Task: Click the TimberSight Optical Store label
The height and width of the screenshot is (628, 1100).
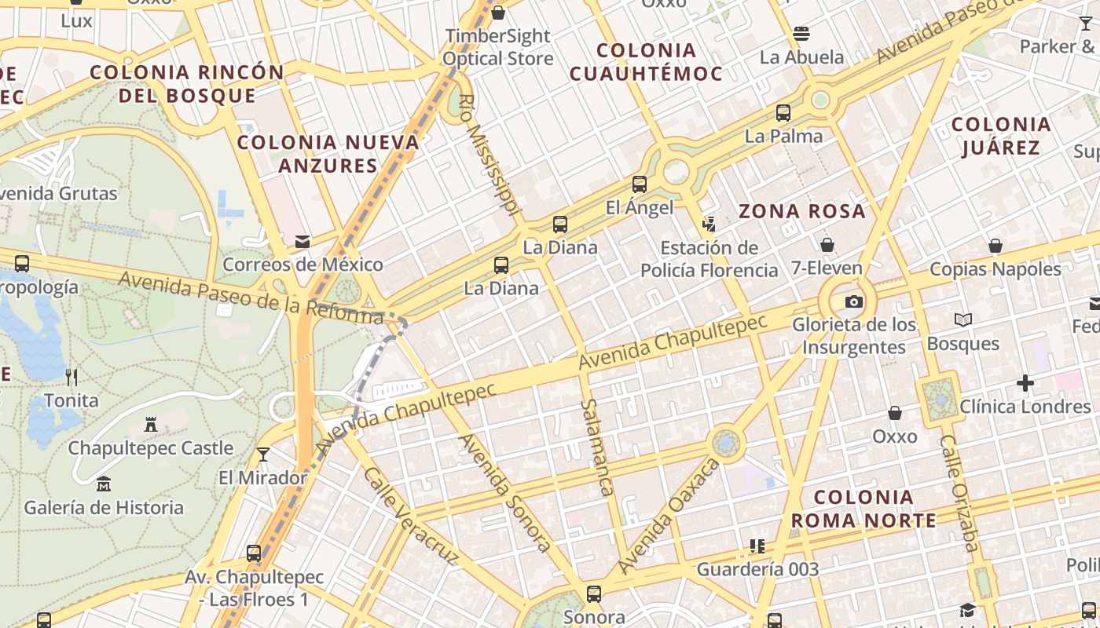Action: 497,47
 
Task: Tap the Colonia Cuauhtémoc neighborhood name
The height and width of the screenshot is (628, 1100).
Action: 646,62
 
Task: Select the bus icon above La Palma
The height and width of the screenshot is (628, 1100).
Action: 783,112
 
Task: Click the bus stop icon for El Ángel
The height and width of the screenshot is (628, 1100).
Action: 640,184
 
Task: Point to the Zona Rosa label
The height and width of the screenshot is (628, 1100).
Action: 802,211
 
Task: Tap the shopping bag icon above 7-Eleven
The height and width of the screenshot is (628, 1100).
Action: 827,245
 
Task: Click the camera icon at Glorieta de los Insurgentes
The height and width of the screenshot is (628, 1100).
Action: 853,301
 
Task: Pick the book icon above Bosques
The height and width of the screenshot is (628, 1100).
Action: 962,319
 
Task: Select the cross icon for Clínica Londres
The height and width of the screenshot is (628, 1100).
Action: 1025,383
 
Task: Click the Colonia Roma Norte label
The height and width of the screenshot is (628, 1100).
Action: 863,509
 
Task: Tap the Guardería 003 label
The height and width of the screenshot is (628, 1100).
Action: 757,569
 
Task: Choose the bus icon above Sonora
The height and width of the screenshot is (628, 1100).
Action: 594,593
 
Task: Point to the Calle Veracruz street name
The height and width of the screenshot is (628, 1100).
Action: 410,516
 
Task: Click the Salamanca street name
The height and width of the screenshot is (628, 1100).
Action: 597,447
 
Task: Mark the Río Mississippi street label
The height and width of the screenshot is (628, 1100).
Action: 488,155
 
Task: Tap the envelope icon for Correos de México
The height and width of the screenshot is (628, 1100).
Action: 302,242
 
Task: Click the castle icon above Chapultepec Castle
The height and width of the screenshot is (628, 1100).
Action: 151,425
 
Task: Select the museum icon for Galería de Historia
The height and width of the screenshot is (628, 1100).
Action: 104,484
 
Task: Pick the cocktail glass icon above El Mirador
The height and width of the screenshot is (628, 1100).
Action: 263,455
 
